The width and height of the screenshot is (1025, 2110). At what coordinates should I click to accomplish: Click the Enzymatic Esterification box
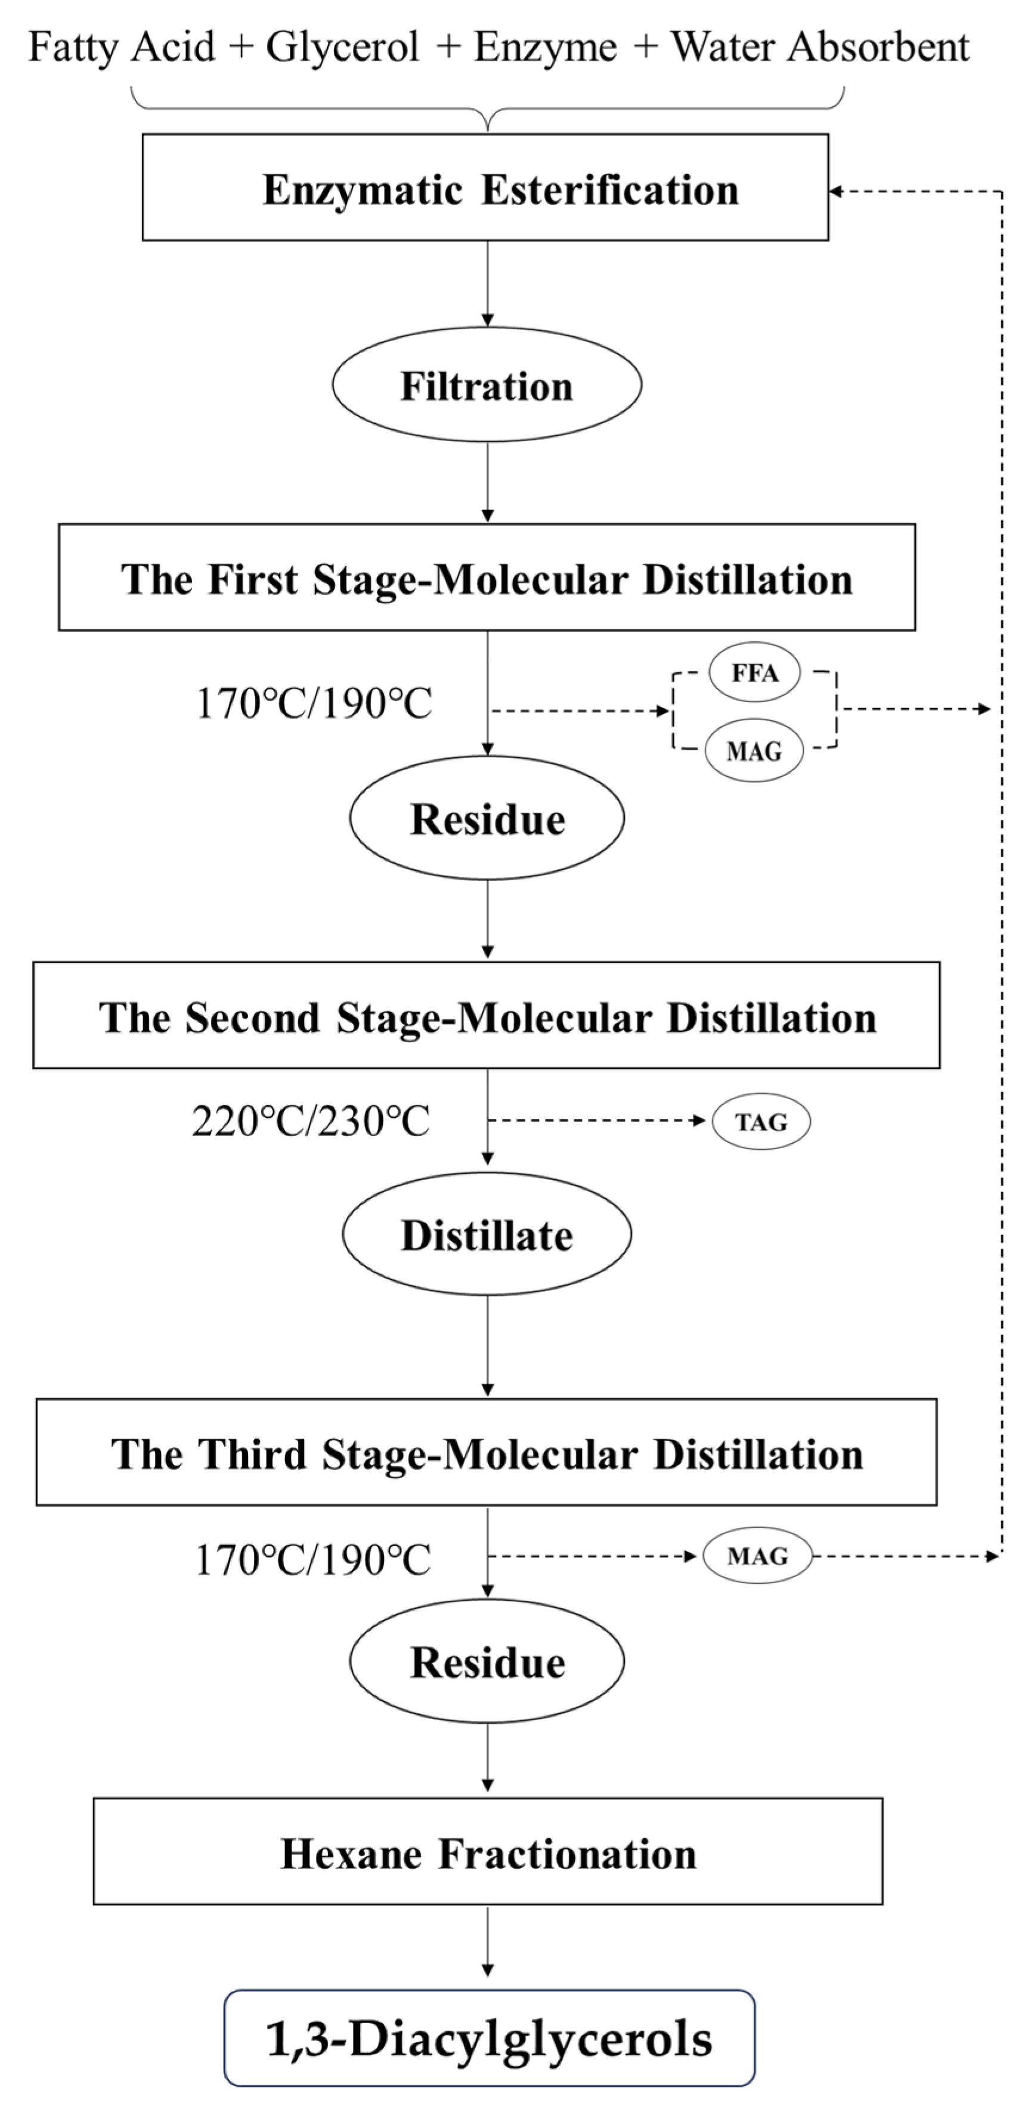pyautogui.click(x=485, y=188)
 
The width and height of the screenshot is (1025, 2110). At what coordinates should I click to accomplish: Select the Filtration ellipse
pyautogui.click(x=487, y=385)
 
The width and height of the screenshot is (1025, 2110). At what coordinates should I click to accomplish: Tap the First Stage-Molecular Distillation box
pyautogui.click(x=487, y=578)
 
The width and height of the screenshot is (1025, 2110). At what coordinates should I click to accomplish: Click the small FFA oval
pyautogui.click(x=754, y=672)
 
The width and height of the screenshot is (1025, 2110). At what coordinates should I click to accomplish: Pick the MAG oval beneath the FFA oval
pyautogui.click(x=754, y=750)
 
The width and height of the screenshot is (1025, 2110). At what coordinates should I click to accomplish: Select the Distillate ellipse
pyautogui.click(x=487, y=1234)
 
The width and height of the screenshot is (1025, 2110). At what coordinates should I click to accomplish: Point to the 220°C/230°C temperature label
pyautogui.click(x=311, y=1121)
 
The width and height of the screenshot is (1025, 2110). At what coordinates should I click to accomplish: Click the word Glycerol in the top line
pyautogui.click(x=342, y=46)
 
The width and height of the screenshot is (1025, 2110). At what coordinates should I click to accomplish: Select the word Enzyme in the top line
pyautogui.click(x=545, y=46)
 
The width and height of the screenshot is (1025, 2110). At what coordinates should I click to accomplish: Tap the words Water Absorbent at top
pyautogui.click(x=820, y=46)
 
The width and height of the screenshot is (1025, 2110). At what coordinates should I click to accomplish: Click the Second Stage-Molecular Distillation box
pyautogui.click(x=487, y=1016)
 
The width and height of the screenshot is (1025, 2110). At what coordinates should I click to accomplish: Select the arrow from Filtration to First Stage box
pyautogui.click(x=488, y=483)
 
